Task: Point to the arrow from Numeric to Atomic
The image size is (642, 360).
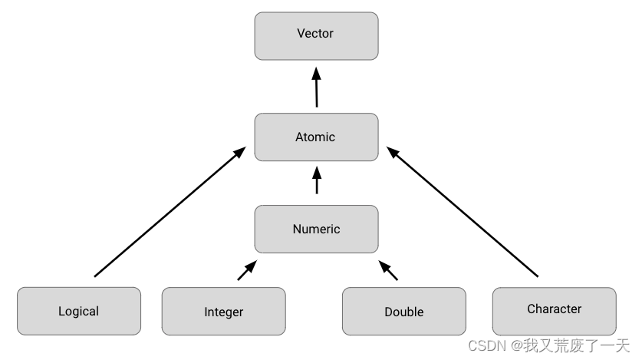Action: coord(316,183)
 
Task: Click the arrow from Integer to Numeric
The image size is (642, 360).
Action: coord(246,271)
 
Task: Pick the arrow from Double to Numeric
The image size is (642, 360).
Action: coord(390,271)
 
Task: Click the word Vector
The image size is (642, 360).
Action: coord(316,34)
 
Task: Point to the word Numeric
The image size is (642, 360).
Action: coord(316,229)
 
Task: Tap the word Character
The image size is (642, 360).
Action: coord(554,309)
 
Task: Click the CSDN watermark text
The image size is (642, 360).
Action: coord(548,347)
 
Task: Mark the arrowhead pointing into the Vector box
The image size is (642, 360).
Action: coord(316,74)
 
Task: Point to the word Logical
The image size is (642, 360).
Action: coord(78,312)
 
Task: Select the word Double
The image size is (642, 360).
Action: coord(403,312)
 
